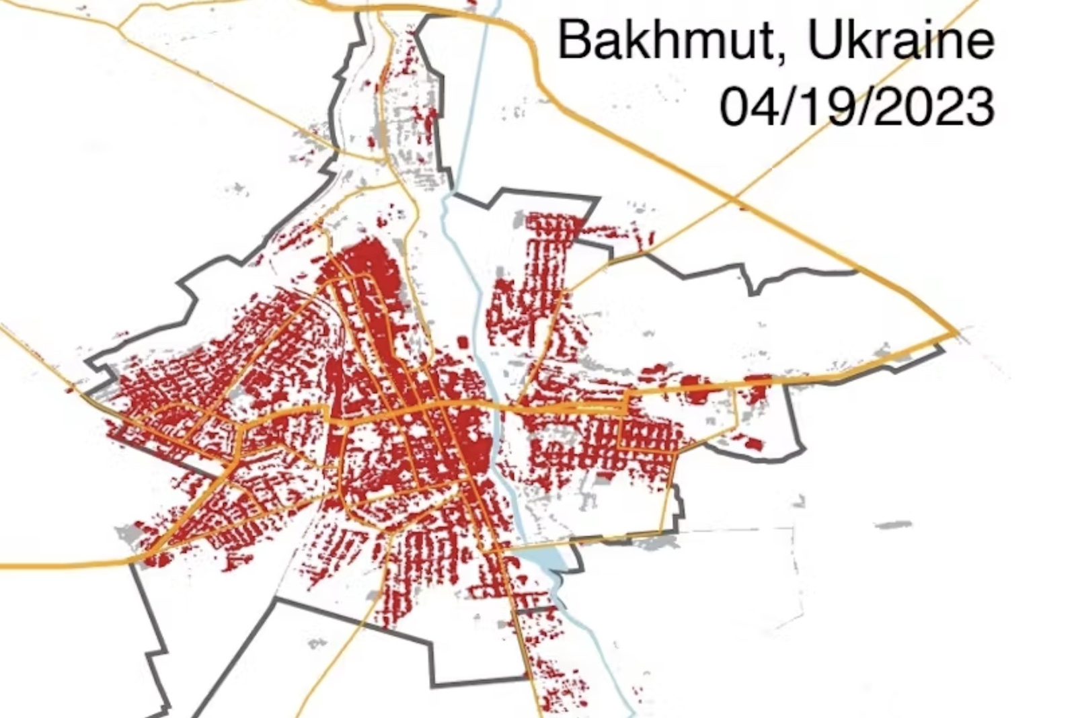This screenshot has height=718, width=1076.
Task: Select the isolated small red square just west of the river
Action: (463, 342)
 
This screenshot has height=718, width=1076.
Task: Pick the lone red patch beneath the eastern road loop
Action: (753, 443)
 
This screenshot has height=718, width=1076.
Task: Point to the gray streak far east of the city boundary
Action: (893, 524)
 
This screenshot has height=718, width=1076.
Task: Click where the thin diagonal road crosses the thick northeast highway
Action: (734, 199)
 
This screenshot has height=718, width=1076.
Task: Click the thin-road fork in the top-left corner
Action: (119, 28)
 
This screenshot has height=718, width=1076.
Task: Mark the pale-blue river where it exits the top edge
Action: (496, 5)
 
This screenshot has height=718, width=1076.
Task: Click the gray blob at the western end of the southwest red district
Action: (128, 534)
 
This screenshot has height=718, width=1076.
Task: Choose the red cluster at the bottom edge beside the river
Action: (562, 692)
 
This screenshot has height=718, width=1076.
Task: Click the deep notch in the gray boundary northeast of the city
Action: (753, 286)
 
